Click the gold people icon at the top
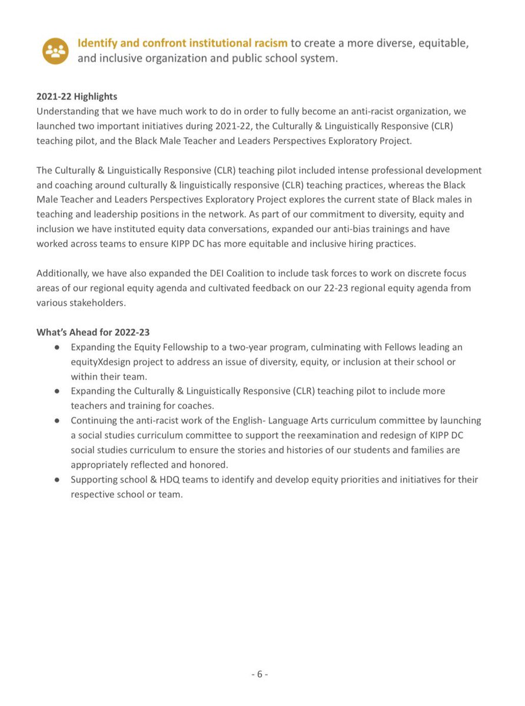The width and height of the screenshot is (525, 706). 55,51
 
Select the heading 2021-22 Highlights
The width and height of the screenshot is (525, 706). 77,96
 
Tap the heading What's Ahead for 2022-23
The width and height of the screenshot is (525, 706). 93,332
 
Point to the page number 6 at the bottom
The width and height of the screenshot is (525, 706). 260,674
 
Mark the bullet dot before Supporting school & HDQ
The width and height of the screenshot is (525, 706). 57,479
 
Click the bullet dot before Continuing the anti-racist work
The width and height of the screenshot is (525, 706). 57,421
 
